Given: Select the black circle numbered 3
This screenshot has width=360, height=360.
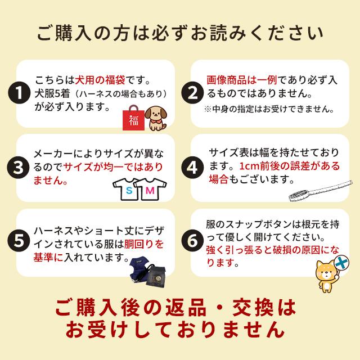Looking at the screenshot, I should tap(21, 167).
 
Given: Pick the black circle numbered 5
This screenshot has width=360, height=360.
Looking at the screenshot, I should tap(21, 241).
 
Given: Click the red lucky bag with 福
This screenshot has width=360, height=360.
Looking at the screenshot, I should tap(133, 118).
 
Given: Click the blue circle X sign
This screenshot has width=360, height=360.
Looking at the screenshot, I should tap(341, 262).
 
